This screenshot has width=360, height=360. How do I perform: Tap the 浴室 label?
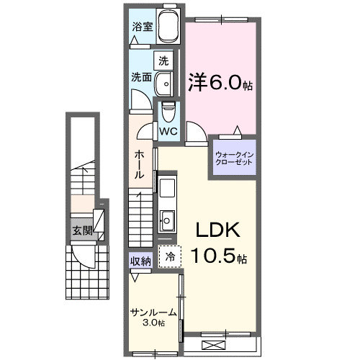(x=142, y=27)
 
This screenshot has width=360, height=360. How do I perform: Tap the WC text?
(x=168, y=131)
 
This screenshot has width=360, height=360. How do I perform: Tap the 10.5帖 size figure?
(x=220, y=254)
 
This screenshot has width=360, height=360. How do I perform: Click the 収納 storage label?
(x=140, y=261)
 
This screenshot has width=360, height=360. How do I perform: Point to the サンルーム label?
(x=152, y=312)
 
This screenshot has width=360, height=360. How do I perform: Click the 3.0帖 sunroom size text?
(x=153, y=323)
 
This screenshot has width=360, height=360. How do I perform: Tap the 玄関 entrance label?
(x=81, y=231)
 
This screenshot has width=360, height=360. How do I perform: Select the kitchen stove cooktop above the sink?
(x=167, y=189)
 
